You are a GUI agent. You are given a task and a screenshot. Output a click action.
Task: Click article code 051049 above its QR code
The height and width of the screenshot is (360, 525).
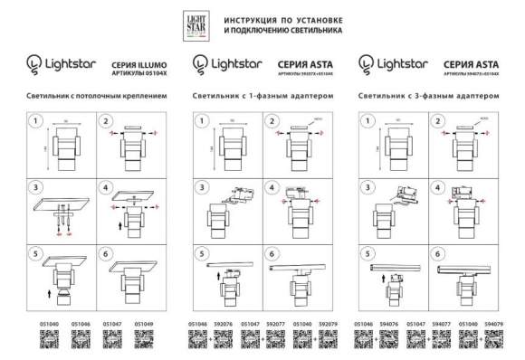coord(144,322)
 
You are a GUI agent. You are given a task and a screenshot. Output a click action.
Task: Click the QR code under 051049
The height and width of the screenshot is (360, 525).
coord(144,340)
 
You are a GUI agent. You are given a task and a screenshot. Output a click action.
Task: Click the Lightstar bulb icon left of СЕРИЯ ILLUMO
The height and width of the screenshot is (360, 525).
coord(35,64)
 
